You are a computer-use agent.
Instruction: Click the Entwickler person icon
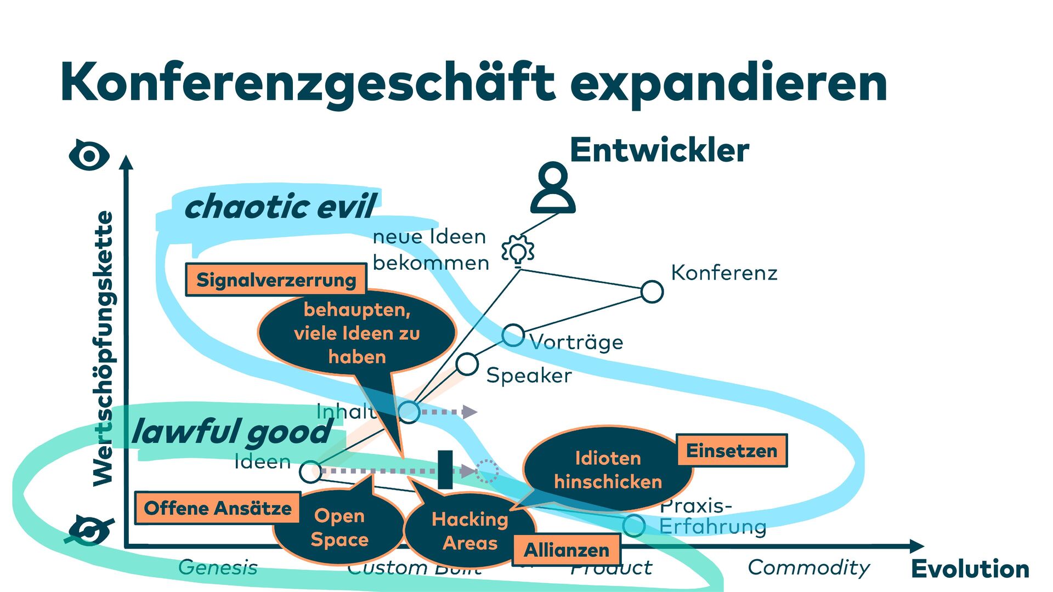click(553, 187)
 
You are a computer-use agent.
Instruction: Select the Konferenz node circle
click(652, 292)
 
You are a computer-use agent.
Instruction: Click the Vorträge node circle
click(513, 335)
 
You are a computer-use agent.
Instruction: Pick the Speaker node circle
click(467, 364)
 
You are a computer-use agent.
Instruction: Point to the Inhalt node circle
click(409, 411)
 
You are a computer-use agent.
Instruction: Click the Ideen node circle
click(310, 471)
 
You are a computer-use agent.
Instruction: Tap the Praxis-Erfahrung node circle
click(633, 525)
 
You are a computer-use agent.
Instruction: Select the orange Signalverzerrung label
click(276, 280)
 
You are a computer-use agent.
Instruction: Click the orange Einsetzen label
click(732, 451)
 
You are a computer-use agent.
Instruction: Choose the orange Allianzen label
click(567, 549)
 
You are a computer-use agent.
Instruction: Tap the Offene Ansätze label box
click(218, 508)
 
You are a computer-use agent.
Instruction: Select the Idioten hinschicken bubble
click(608, 470)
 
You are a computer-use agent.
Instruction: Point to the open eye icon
click(89, 156)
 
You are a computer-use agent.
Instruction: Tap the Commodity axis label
click(808, 568)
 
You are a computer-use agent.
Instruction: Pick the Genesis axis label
click(218, 568)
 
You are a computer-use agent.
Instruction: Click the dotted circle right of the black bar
click(486, 471)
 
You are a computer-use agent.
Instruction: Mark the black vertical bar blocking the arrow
click(445, 469)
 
